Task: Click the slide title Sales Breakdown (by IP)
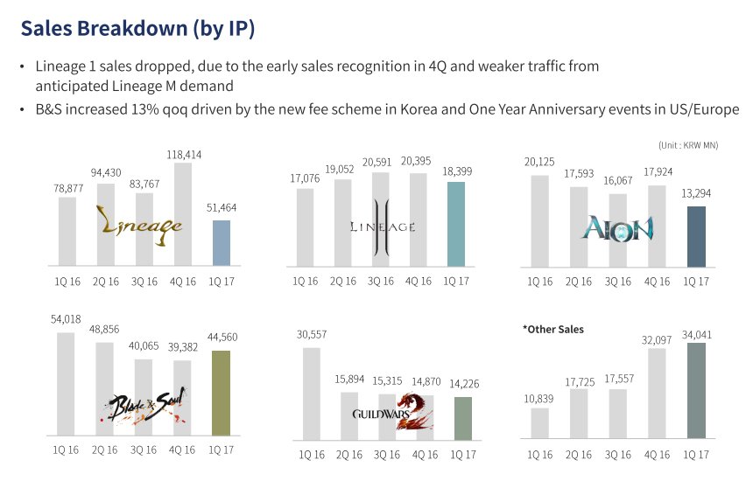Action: [x=137, y=28]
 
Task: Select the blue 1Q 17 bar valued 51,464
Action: [x=222, y=243]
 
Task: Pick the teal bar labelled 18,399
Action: [x=456, y=224]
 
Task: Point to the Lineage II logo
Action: [x=379, y=227]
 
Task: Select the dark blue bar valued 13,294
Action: [x=696, y=236]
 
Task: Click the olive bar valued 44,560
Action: [x=222, y=393]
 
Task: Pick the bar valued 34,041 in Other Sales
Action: [x=696, y=390]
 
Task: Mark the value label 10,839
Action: [x=540, y=399]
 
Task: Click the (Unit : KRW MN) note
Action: [x=688, y=145]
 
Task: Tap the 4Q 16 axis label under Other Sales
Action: [x=657, y=454]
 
